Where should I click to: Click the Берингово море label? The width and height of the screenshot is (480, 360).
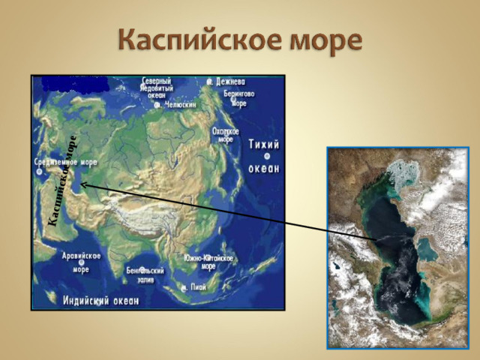239,98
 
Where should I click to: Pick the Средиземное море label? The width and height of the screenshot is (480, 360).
67,161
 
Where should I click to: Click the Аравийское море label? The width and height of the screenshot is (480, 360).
81,262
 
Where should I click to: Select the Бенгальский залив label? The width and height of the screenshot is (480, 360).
145,274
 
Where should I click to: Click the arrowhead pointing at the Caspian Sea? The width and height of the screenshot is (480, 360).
83,183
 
